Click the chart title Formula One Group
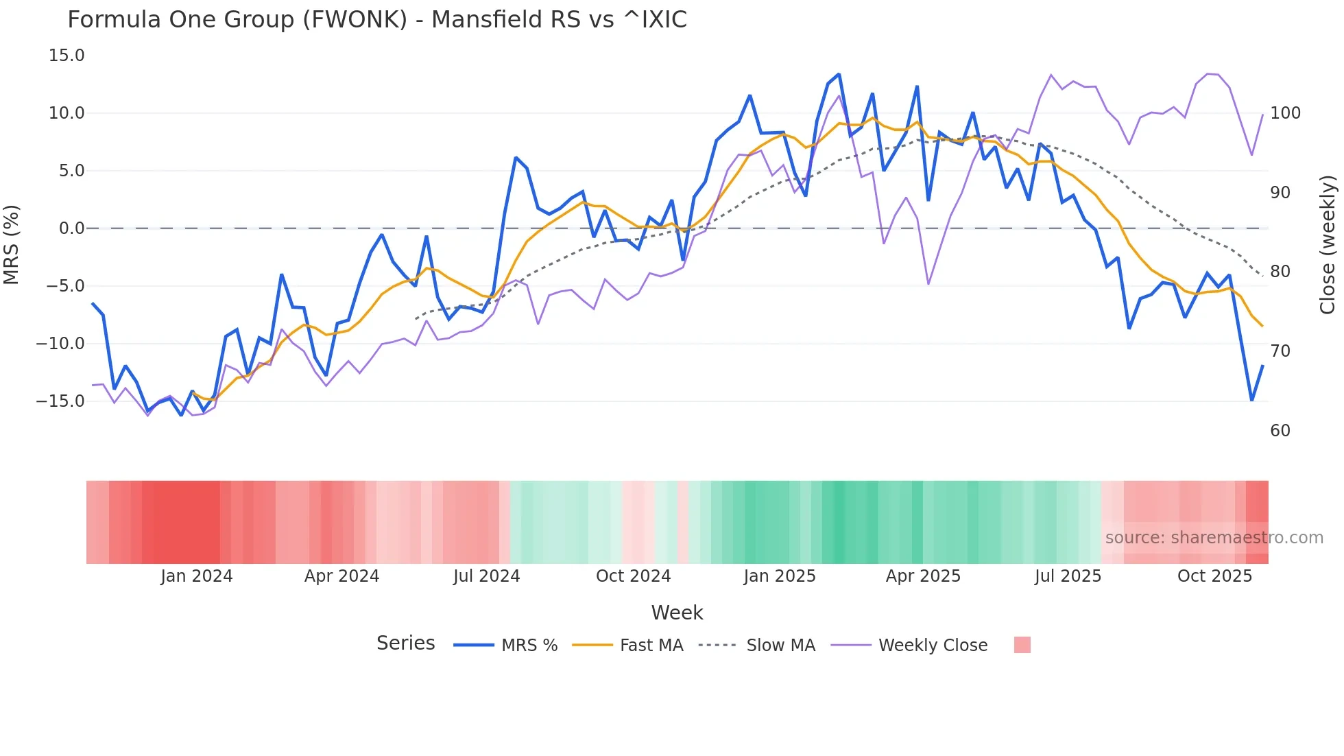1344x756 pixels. coord(376,20)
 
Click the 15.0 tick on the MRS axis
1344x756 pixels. coord(67,56)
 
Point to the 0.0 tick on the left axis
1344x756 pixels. coord(71,228)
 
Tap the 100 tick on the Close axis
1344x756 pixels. coord(1285,113)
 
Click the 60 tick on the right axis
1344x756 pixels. coord(1280,431)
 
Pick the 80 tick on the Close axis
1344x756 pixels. coord(1280,272)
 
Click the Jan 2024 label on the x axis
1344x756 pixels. coord(197,576)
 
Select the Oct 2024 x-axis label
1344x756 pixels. coord(633,576)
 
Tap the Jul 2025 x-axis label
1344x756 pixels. coord(1068,576)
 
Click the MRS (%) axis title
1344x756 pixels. coord(12,244)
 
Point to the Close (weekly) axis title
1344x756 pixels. coord(1328,244)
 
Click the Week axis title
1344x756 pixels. coord(677,613)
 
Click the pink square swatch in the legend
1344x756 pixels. coord(1022,645)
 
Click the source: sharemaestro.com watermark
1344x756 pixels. coord(1214,538)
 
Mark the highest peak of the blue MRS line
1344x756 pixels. coord(839,74)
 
